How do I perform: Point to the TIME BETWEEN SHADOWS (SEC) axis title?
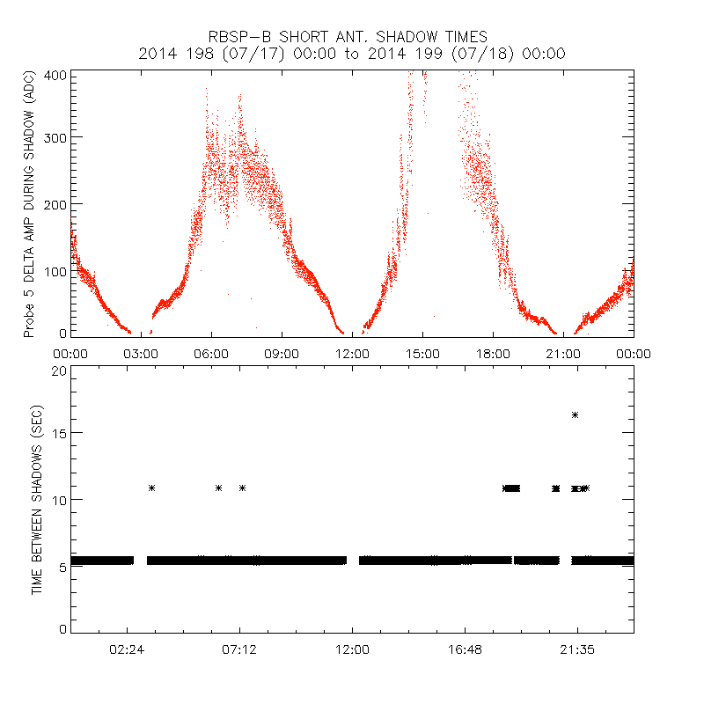click(37, 499)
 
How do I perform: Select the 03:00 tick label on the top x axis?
click(141, 353)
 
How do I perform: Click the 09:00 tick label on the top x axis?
click(282, 353)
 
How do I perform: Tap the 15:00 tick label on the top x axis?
click(422, 353)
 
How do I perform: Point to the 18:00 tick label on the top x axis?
click(493, 353)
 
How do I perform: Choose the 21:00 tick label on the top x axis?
click(563, 353)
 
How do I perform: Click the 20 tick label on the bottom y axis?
click(59, 370)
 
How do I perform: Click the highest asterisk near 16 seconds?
click(575, 414)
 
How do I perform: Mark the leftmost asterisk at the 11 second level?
click(151, 488)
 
